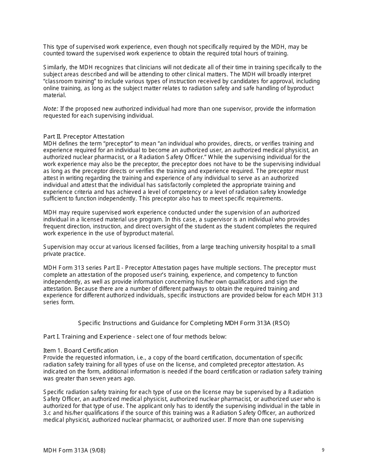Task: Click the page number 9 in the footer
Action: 323,450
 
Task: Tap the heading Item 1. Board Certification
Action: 81,350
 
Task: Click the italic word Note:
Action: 51,109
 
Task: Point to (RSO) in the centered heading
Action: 281,323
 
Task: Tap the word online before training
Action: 52,88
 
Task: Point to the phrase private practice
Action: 64,254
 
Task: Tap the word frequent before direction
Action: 55,226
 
